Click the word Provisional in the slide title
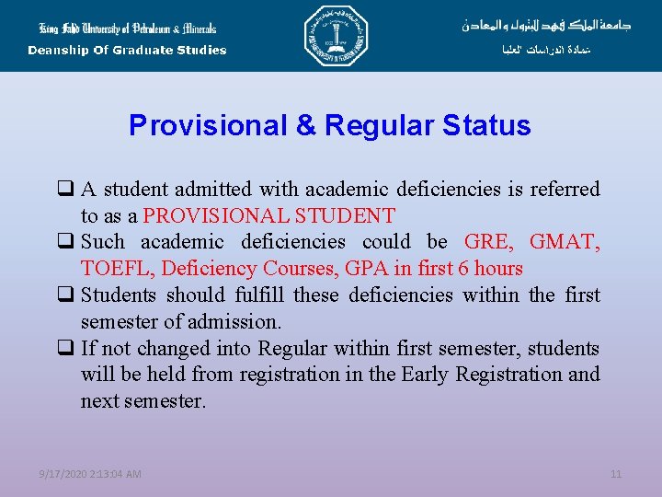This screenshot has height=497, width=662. (x=209, y=125)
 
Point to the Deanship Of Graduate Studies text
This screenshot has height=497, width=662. (x=127, y=51)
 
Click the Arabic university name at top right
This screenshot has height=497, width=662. (x=546, y=25)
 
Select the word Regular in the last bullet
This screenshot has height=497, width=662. (x=291, y=349)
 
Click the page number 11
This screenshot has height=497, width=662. (x=616, y=474)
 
